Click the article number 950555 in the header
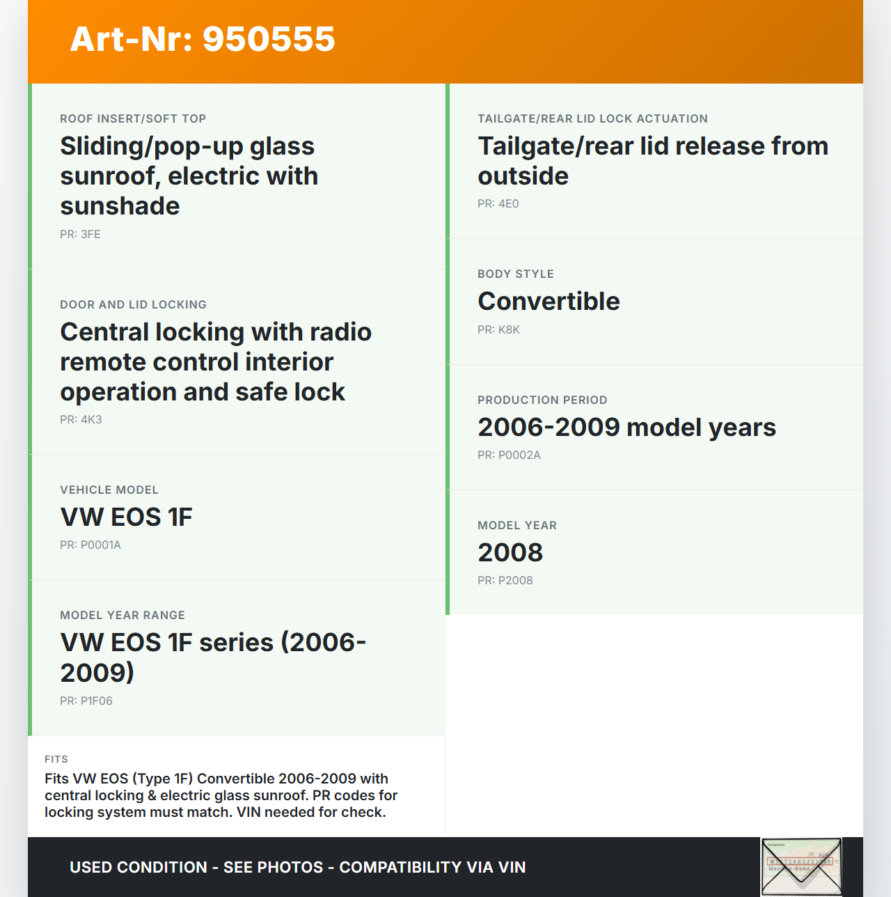click(269, 39)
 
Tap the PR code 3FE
click(80, 234)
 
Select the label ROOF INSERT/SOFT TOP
click(133, 118)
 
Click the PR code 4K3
click(81, 419)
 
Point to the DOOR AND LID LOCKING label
click(133, 304)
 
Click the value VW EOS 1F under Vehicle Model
click(126, 517)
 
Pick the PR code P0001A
click(90, 545)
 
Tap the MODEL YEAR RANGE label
click(123, 615)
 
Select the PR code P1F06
click(86, 701)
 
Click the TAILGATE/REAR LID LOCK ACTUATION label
click(592, 118)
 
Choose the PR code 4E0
click(498, 203)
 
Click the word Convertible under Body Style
click(549, 301)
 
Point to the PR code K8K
click(498, 329)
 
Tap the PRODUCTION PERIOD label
click(542, 400)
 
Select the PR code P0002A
click(509, 455)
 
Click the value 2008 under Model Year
click(510, 552)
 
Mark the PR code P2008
click(505, 580)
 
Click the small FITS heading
click(56, 759)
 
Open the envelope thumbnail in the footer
click(801, 867)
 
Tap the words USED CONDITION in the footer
click(139, 867)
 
